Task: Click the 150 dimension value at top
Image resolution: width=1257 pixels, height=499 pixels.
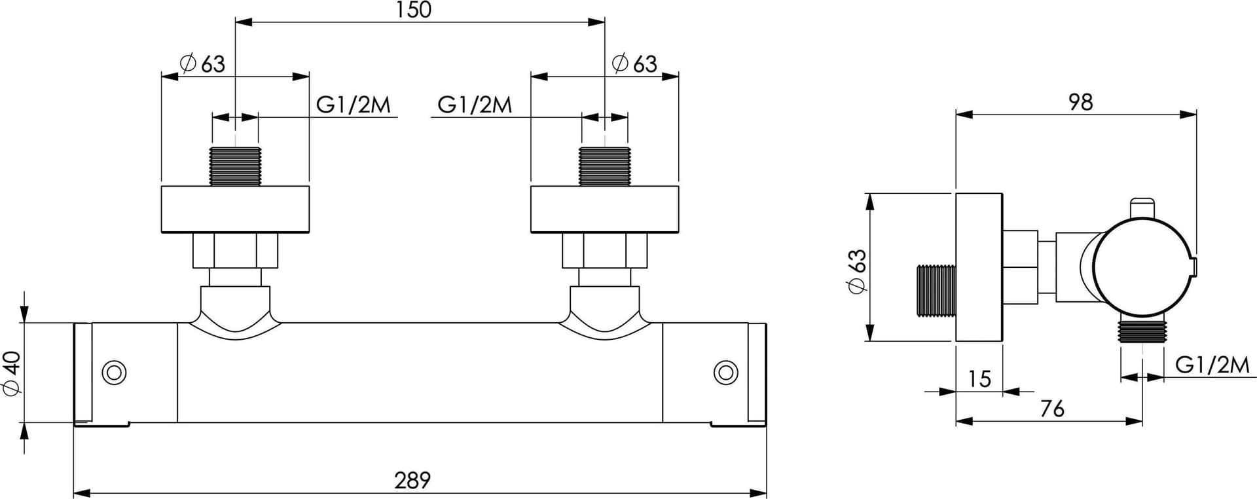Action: point(414,10)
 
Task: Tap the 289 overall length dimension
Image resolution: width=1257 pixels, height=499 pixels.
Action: point(412,480)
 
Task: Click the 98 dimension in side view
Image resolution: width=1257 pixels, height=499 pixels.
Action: point(1081,102)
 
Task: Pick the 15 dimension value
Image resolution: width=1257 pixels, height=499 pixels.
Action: point(979,379)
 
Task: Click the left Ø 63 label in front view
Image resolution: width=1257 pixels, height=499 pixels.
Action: point(202,64)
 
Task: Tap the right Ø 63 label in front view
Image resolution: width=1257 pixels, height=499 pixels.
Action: point(634,64)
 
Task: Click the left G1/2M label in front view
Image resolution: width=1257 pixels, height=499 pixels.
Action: point(354,104)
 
